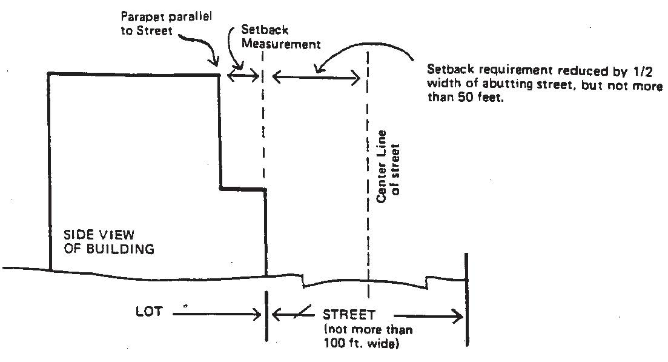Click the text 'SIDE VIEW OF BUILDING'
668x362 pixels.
point(109,241)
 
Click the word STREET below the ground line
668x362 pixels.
point(349,315)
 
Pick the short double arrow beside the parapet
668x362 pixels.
point(242,74)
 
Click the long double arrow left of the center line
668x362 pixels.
point(316,76)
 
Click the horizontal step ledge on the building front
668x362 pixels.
point(242,190)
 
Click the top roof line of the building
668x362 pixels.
point(133,74)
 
